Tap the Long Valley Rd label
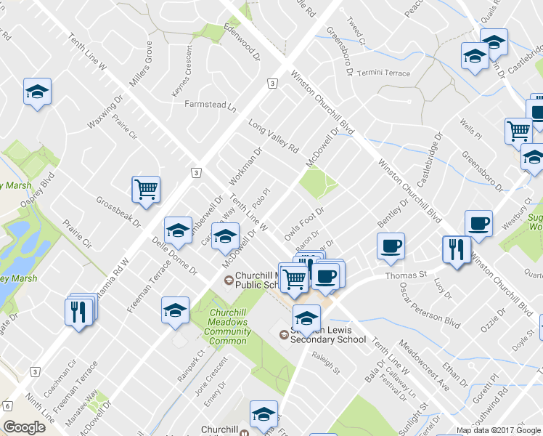click(274, 137)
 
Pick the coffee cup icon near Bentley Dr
click(391, 246)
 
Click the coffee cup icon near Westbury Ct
click(478, 224)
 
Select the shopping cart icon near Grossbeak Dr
click(146, 190)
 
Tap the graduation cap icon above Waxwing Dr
click(37, 92)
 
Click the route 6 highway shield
click(8, 405)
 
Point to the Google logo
click(24, 427)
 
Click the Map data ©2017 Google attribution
click(499, 430)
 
